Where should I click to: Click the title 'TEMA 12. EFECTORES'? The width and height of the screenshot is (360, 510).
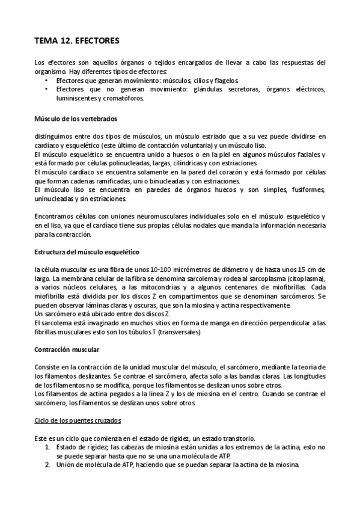click(x=78, y=41)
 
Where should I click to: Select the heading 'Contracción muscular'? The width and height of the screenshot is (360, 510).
click(x=67, y=349)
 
